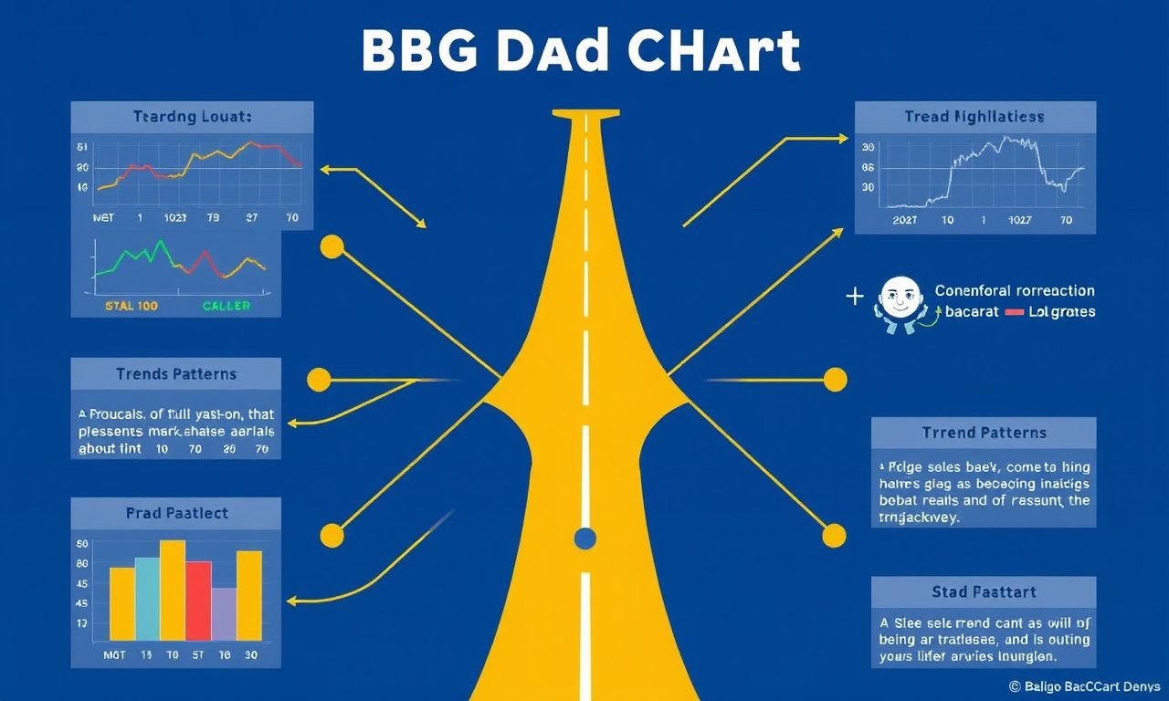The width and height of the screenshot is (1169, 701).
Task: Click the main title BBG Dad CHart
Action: (x=581, y=52)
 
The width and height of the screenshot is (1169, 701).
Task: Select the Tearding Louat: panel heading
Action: (x=192, y=117)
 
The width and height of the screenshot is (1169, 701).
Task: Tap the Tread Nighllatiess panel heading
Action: (x=974, y=117)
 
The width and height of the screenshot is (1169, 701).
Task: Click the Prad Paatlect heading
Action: (x=176, y=514)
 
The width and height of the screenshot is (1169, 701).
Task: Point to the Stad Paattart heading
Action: (x=984, y=592)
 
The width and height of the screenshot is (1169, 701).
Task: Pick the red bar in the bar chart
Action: (x=198, y=600)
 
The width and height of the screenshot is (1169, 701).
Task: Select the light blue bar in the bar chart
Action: (x=147, y=598)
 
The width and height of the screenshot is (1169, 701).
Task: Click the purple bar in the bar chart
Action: (x=224, y=613)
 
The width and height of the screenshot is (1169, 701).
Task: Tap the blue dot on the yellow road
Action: (x=585, y=539)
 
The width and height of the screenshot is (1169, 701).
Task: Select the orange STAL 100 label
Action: (x=132, y=306)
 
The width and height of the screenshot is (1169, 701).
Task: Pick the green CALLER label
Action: (x=226, y=306)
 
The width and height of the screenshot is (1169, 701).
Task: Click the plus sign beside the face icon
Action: (x=855, y=296)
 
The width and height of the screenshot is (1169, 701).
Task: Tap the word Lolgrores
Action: (x=1061, y=312)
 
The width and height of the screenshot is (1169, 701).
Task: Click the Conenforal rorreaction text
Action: (x=1015, y=290)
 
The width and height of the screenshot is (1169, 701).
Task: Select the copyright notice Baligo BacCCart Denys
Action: (x=1083, y=685)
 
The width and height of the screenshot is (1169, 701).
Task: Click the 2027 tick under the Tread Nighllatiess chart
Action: (x=905, y=220)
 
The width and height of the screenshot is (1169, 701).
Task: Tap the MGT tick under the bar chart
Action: (x=114, y=654)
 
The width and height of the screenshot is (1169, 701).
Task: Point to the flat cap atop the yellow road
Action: (x=585, y=114)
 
